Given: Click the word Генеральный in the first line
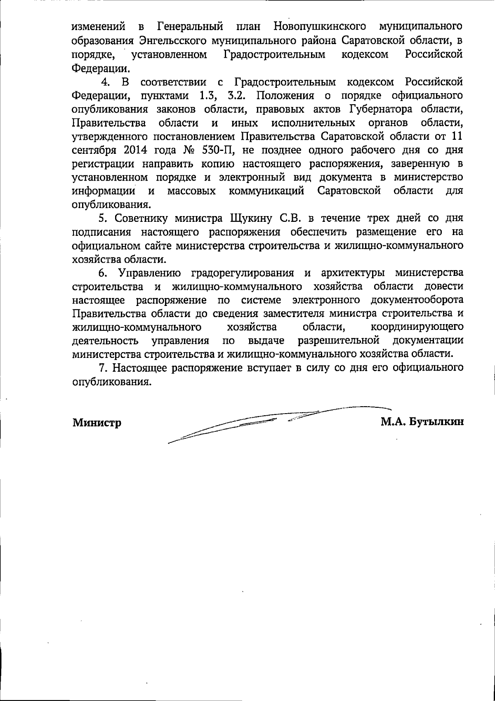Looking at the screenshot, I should coord(191,27).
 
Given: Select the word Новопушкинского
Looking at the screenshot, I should coord(320,27).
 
